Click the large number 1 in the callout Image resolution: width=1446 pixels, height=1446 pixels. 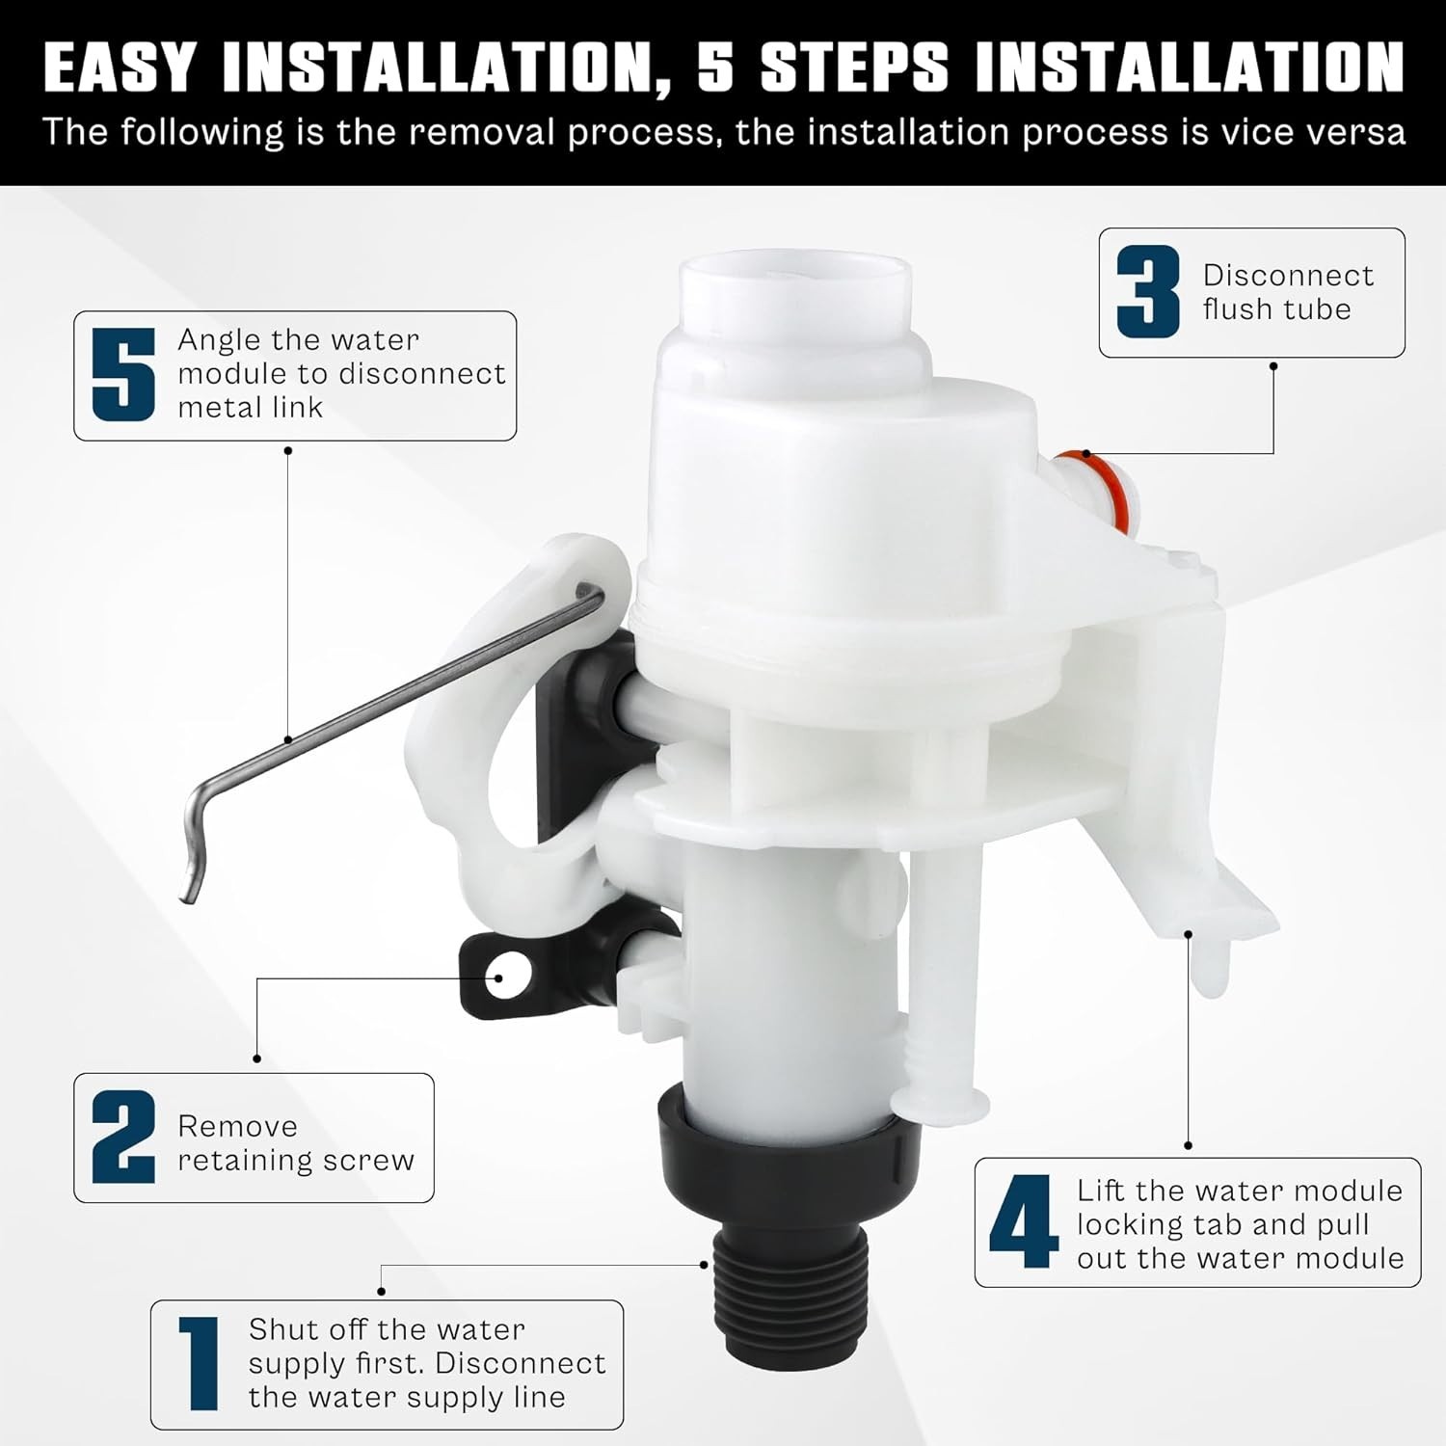pos(199,1364)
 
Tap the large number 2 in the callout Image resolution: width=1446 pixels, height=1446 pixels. pos(123,1138)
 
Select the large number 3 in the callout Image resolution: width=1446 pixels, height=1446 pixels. pos(1148,291)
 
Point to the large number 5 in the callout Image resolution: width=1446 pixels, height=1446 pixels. pos(123,375)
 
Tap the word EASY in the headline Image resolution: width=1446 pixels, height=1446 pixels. pos(120,67)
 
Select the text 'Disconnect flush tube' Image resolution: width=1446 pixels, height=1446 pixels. pos(1288,292)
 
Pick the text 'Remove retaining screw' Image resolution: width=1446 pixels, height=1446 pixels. pos(296,1143)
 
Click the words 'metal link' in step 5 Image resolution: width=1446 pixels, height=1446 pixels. pos(250,408)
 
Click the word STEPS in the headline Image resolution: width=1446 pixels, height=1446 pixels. pos(854,67)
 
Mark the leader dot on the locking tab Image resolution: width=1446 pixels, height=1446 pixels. pos(1189,933)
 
